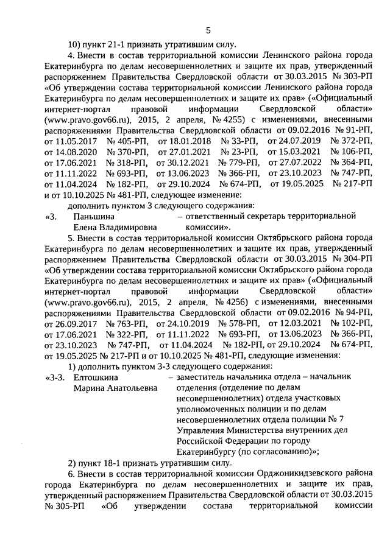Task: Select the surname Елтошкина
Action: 94,378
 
